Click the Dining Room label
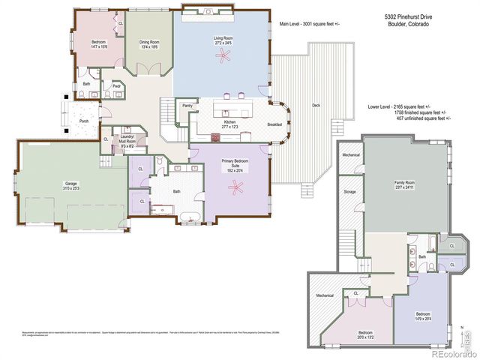pyautogui.click(x=148, y=42)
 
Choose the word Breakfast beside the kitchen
pyautogui.click(x=275, y=124)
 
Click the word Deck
pyautogui.click(x=316, y=106)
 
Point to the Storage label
pyautogui.click(x=350, y=192)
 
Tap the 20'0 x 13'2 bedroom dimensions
pyautogui.click(x=365, y=337)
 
